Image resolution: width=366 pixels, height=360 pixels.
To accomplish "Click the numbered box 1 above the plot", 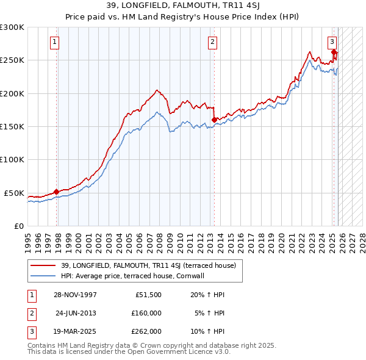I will pos(55,42).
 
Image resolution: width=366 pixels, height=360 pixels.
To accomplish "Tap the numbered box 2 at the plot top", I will pos(212,42).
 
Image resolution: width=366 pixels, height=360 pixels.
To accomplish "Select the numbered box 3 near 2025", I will pos(332,42).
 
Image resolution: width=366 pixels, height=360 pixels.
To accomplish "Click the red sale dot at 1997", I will pos(57,192).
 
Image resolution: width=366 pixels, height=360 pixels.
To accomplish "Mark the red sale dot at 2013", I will pos(213,120).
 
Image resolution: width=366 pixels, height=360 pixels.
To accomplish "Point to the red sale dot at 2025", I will pos(334,52).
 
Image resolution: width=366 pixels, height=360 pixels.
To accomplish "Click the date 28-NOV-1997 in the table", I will pos(74,294).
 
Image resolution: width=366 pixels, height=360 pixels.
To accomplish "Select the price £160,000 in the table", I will pos(146,312).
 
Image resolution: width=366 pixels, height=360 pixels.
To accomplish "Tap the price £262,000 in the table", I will pos(146,331).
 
